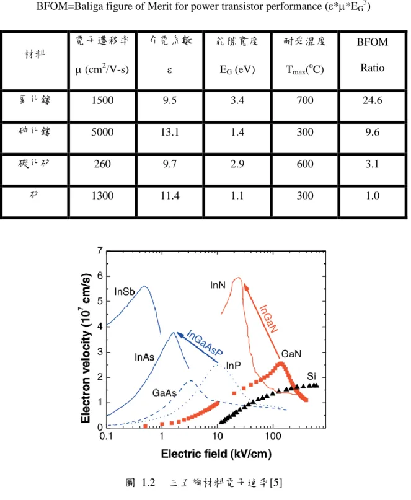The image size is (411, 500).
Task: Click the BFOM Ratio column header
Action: [x=372, y=55]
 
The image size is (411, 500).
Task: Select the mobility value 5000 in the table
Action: [x=102, y=132]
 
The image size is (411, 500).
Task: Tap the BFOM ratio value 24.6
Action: [x=372, y=100]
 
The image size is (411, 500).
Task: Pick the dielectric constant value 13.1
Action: [x=170, y=132]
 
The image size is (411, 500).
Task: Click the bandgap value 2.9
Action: [x=237, y=164]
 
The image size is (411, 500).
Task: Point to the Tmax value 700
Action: [x=305, y=100]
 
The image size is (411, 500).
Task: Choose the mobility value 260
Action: [x=102, y=164]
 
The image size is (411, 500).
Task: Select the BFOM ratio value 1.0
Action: [x=373, y=195]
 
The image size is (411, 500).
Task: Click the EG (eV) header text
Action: [x=237, y=69]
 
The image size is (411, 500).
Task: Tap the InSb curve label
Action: [x=125, y=292]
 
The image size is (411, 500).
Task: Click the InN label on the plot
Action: [x=218, y=285]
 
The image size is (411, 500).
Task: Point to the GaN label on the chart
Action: [x=291, y=354]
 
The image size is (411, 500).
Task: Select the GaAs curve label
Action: [x=164, y=393]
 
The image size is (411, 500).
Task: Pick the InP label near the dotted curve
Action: [x=233, y=366]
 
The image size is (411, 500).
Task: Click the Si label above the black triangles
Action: [x=311, y=376]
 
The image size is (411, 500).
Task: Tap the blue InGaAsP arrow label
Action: [x=204, y=343]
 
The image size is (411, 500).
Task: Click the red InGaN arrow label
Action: [x=268, y=319]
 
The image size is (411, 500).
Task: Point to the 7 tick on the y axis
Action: [x=100, y=251]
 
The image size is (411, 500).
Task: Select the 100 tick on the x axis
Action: [x=273, y=436]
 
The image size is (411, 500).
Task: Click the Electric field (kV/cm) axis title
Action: [x=216, y=454]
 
